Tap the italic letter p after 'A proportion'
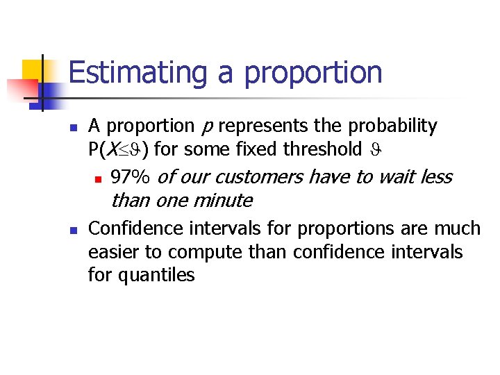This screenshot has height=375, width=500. (206, 127)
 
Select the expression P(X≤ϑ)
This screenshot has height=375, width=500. (122, 149)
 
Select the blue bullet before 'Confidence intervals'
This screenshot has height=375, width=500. (72, 230)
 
